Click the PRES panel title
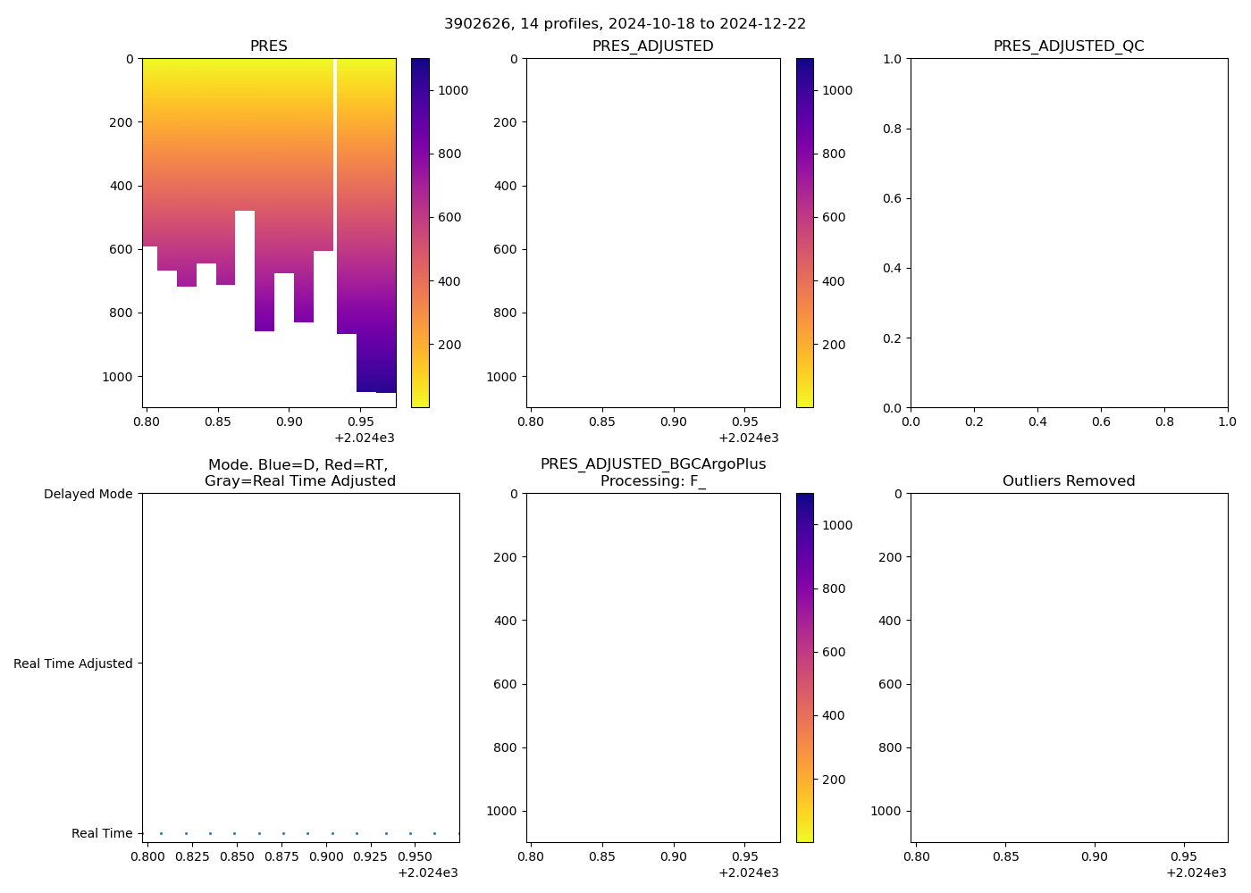click(x=268, y=46)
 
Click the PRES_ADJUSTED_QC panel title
click(x=1069, y=46)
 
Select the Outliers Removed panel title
click(x=1069, y=481)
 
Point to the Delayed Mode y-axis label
click(x=88, y=494)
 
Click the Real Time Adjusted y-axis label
click(x=73, y=663)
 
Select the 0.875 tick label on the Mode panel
click(x=282, y=857)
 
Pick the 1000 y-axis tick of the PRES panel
click(x=118, y=377)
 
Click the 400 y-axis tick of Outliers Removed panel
click(x=891, y=621)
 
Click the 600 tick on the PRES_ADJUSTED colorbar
click(x=834, y=217)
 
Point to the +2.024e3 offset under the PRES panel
click(x=365, y=438)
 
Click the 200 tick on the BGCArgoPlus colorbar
click(x=834, y=780)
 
